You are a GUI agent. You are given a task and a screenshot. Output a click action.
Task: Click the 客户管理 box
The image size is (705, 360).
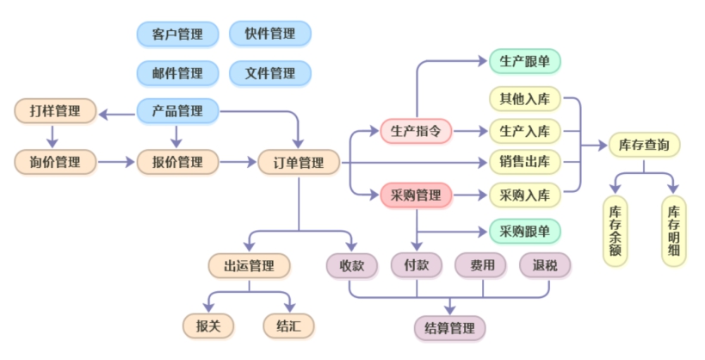(177, 34)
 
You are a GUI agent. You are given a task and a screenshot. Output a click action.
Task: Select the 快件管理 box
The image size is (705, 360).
(270, 34)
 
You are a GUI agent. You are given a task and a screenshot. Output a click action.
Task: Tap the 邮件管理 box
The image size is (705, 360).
(177, 73)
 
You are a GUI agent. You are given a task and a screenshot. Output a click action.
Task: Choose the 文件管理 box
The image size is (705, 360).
(270, 73)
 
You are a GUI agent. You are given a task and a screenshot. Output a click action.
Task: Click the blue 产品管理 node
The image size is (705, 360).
(177, 111)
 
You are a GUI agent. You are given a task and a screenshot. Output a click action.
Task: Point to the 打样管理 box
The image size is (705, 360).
(55, 111)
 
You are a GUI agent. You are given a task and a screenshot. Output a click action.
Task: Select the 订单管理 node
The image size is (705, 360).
(299, 163)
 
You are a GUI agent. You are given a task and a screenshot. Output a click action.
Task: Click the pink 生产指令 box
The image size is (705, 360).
(416, 132)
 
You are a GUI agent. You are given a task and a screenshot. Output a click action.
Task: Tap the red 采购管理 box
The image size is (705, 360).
(416, 196)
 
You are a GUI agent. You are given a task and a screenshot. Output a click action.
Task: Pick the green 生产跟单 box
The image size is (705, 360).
(525, 61)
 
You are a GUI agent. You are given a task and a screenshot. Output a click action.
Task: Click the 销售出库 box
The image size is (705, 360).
(525, 162)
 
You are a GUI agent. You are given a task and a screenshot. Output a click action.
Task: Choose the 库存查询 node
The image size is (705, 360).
(644, 145)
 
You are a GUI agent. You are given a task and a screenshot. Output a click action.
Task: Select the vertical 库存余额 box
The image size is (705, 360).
(615, 231)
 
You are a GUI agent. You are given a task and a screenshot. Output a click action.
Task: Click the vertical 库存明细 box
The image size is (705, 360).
(673, 231)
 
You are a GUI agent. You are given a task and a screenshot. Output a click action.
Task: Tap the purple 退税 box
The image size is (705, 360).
(545, 265)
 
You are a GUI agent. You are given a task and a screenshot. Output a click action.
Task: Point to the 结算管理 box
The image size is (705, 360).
(449, 328)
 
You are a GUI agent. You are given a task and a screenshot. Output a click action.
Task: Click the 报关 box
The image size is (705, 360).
(208, 326)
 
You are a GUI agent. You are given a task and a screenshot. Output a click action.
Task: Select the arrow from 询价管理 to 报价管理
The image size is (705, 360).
(116, 162)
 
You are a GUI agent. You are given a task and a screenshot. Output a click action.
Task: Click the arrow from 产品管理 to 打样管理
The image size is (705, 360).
(117, 115)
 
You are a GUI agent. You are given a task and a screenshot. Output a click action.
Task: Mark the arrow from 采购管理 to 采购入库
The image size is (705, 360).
(471, 196)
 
